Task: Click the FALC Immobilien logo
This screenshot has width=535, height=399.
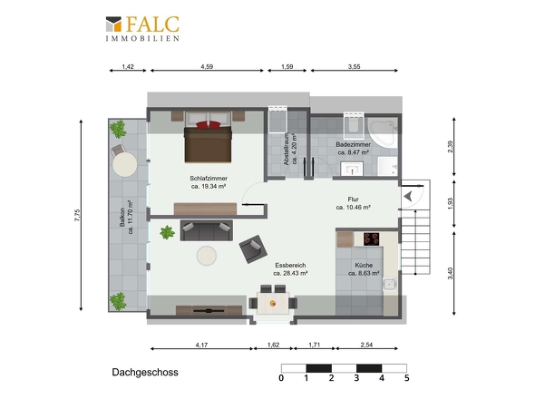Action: (x=142, y=29)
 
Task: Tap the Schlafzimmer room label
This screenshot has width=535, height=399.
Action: (x=209, y=182)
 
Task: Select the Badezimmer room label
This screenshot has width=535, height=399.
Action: (x=353, y=149)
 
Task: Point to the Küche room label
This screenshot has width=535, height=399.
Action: (x=364, y=269)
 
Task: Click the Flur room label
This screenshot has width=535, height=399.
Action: (x=353, y=203)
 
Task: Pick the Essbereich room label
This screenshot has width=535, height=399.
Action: (x=290, y=269)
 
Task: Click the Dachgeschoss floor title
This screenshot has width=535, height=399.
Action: (x=145, y=373)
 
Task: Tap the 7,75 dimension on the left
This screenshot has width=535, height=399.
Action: (x=77, y=215)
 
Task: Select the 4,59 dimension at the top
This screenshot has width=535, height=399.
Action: (x=207, y=66)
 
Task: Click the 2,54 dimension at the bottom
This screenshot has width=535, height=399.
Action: (x=366, y=345)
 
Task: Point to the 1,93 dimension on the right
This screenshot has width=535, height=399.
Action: (x=451, y=204)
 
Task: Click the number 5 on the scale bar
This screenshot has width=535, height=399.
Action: (x=407, y=378)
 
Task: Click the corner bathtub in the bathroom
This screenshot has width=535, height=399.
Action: (x=383, y=132)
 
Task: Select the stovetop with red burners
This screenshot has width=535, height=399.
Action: (x=371, y=238)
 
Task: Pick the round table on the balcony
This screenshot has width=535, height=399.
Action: (x=125, y=164)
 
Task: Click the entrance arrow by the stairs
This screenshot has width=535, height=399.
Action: (x=408, y=197)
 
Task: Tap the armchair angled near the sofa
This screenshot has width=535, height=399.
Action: (x=253, y=249)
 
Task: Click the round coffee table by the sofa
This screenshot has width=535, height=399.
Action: (x=207, y=256)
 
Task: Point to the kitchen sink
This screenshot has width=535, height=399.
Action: (x=390, y=284)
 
